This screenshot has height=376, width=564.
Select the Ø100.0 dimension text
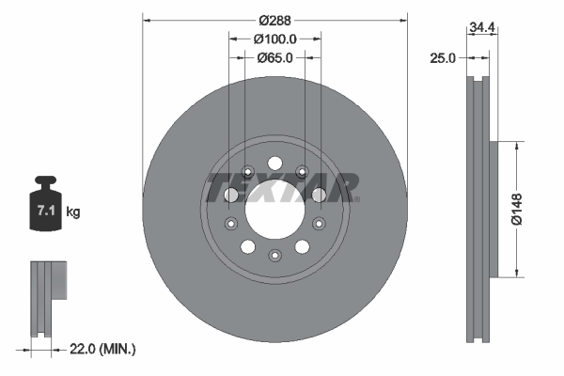(x=275, y=39)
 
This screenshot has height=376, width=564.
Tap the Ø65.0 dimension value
(x=275, y=57)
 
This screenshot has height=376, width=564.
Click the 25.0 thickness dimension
(x=442, y=57)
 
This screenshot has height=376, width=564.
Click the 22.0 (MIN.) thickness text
(x=103, y=349)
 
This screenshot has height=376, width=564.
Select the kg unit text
(x=73, y=212)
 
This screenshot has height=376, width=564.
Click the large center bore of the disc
(x=274, y=208)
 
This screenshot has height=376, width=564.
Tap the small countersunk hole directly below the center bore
(x=274, y=256)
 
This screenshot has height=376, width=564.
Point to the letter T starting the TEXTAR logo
(x=219, y=187)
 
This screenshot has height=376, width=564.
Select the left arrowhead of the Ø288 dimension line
(x=147, y=19)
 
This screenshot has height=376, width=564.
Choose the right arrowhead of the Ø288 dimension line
(x=404, y=19)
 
